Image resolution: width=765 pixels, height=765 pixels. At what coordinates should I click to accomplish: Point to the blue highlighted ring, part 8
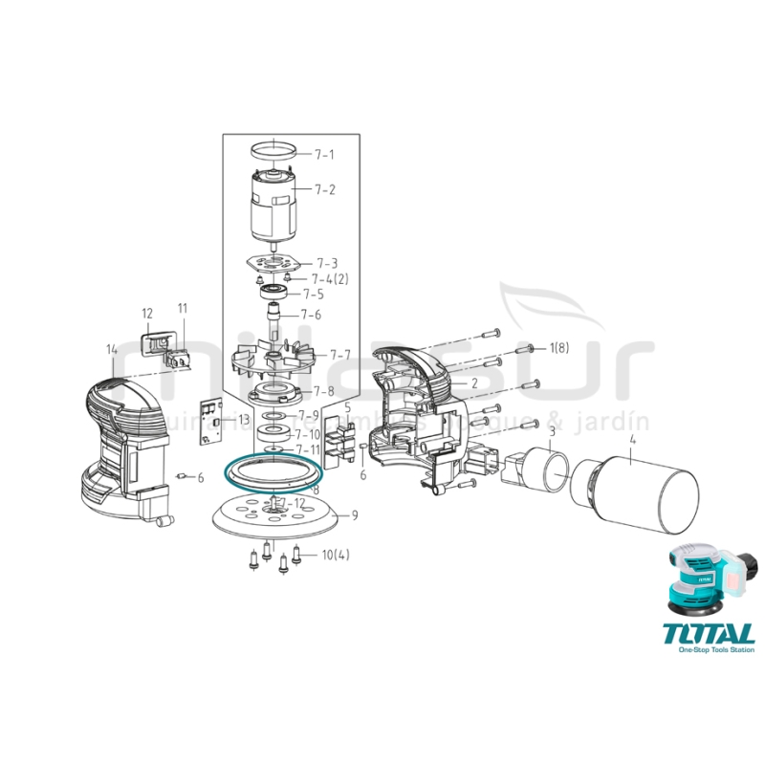(x=273, y=475)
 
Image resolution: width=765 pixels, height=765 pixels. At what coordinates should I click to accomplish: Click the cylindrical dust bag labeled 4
(x=631, y=495)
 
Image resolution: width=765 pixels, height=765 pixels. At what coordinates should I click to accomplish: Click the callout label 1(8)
(x=558, y=348)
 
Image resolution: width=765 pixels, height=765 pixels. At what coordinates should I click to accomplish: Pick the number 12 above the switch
(x=147, y=313)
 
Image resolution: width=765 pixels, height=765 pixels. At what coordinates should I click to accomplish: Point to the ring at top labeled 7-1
(x=273, y=151)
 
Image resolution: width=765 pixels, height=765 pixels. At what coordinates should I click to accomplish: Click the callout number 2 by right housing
(x=472, y=382)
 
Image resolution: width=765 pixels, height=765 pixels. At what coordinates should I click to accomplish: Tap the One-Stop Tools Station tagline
(x=715, y=650)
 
